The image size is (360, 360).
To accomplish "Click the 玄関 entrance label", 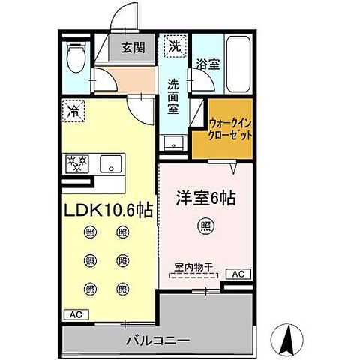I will pyautogui.click(x=133, y=49).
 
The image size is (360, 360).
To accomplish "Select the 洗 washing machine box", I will pyautogui.click(x=174, y=46).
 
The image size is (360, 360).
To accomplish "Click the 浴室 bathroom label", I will pyautogui.click(x=208, y=65).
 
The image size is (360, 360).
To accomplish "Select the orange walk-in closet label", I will pyautogui.click(x=230, y=130).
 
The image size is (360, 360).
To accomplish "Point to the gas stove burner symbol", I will pyautogui.click(x=78, y=163).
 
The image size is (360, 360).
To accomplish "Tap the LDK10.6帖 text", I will pyautogui.click(x=106, y=209).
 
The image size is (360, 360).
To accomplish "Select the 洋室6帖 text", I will pyautogui.click(x=205, y=199).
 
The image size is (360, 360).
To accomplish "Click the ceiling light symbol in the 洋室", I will pyautogui.click(x=204, y=224).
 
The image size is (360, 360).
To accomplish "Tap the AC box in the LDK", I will pyautogui.click(x=75, y=314).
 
